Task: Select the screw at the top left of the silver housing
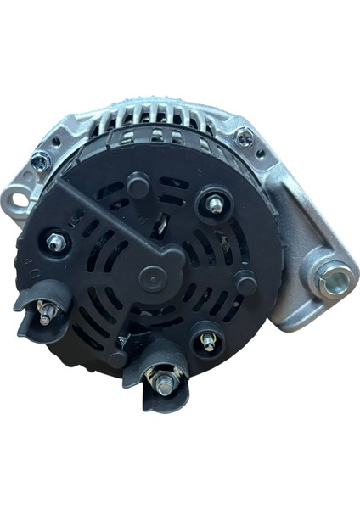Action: tap(39, 159)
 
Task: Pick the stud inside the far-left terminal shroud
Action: tap(46, 312)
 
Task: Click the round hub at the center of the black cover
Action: tap(152, 275)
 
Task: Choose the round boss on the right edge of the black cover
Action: tap(246, 283)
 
